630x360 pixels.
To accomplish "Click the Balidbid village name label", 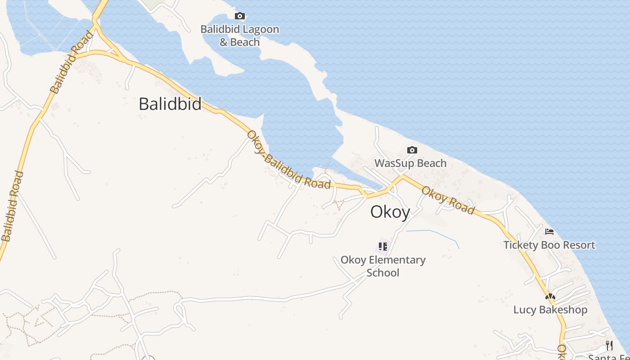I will click(x=170, y=104).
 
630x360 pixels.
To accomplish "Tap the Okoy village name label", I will click(x=390, y=212).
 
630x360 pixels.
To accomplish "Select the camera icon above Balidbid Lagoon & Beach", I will click(x=240, y=16).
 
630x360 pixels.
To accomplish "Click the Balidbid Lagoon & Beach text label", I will click(x=240, y=36).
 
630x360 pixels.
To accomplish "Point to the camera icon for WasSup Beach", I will click(x=412, y=150).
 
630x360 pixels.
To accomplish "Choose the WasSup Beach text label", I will click(x=410, y=163).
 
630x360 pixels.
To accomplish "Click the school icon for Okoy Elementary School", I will click(x=382, y=247).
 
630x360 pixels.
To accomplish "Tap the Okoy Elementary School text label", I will click(x=383, y=266).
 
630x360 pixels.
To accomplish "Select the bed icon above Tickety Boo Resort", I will click(x=549, y=232).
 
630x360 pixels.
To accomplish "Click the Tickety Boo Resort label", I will click(x=549, y=245).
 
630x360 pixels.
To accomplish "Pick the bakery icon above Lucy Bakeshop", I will click(x=550, y=297).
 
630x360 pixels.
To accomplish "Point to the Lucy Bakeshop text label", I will click(x=550, y=310).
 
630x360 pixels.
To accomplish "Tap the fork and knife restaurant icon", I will click(x=609, y=346).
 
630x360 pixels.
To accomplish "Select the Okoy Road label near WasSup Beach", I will click(x=448, y=200).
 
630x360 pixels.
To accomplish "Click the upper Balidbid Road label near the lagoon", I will click(x=72, y=62).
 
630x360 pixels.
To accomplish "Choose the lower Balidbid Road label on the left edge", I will click(x=12, y=206).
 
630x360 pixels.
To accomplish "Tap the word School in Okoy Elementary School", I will click(x=383, y=273).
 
